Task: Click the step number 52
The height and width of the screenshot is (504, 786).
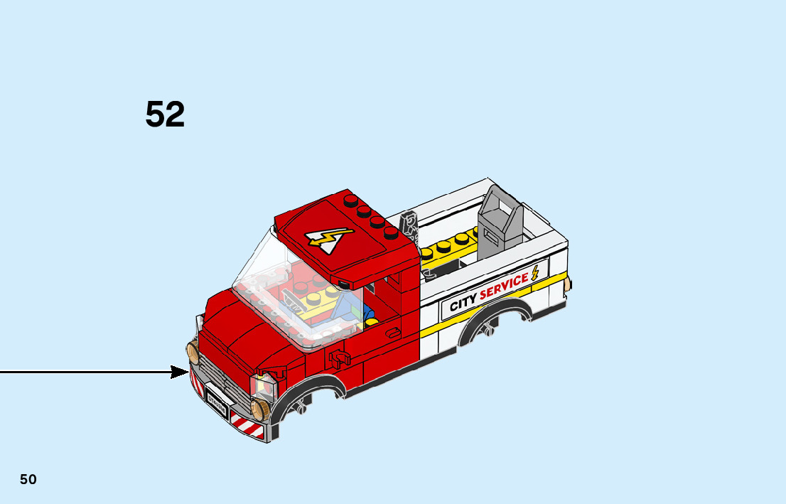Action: point(165,114)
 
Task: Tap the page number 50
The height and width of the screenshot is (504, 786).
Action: point(28,479)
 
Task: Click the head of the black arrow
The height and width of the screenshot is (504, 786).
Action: point(181,371)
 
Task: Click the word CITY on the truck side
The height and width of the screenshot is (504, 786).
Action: point(463,301)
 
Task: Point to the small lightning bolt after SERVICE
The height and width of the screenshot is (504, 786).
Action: point(534,272)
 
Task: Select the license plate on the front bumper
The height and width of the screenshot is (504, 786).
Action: point(217,403)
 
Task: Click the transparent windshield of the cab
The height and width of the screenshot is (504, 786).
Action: point(284,284)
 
